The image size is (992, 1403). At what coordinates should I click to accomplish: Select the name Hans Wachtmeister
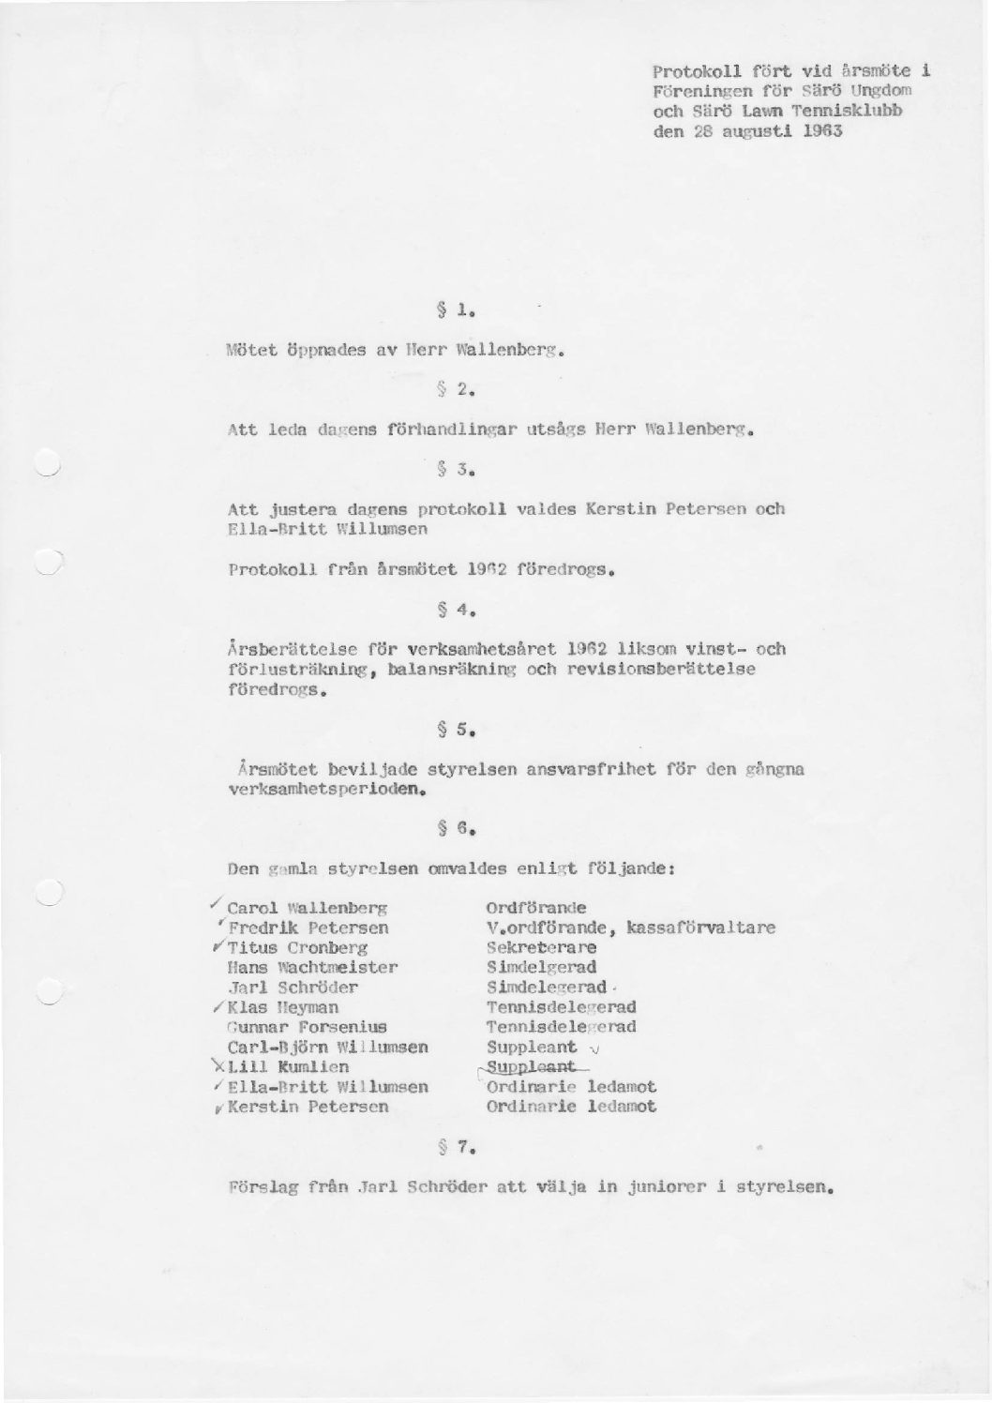[313, 967]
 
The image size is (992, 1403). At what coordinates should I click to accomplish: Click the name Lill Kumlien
[288, 1066]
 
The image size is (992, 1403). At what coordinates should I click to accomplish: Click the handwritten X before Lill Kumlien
[218, 1066]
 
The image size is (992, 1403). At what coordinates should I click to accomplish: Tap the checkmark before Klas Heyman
[218, 1006]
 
